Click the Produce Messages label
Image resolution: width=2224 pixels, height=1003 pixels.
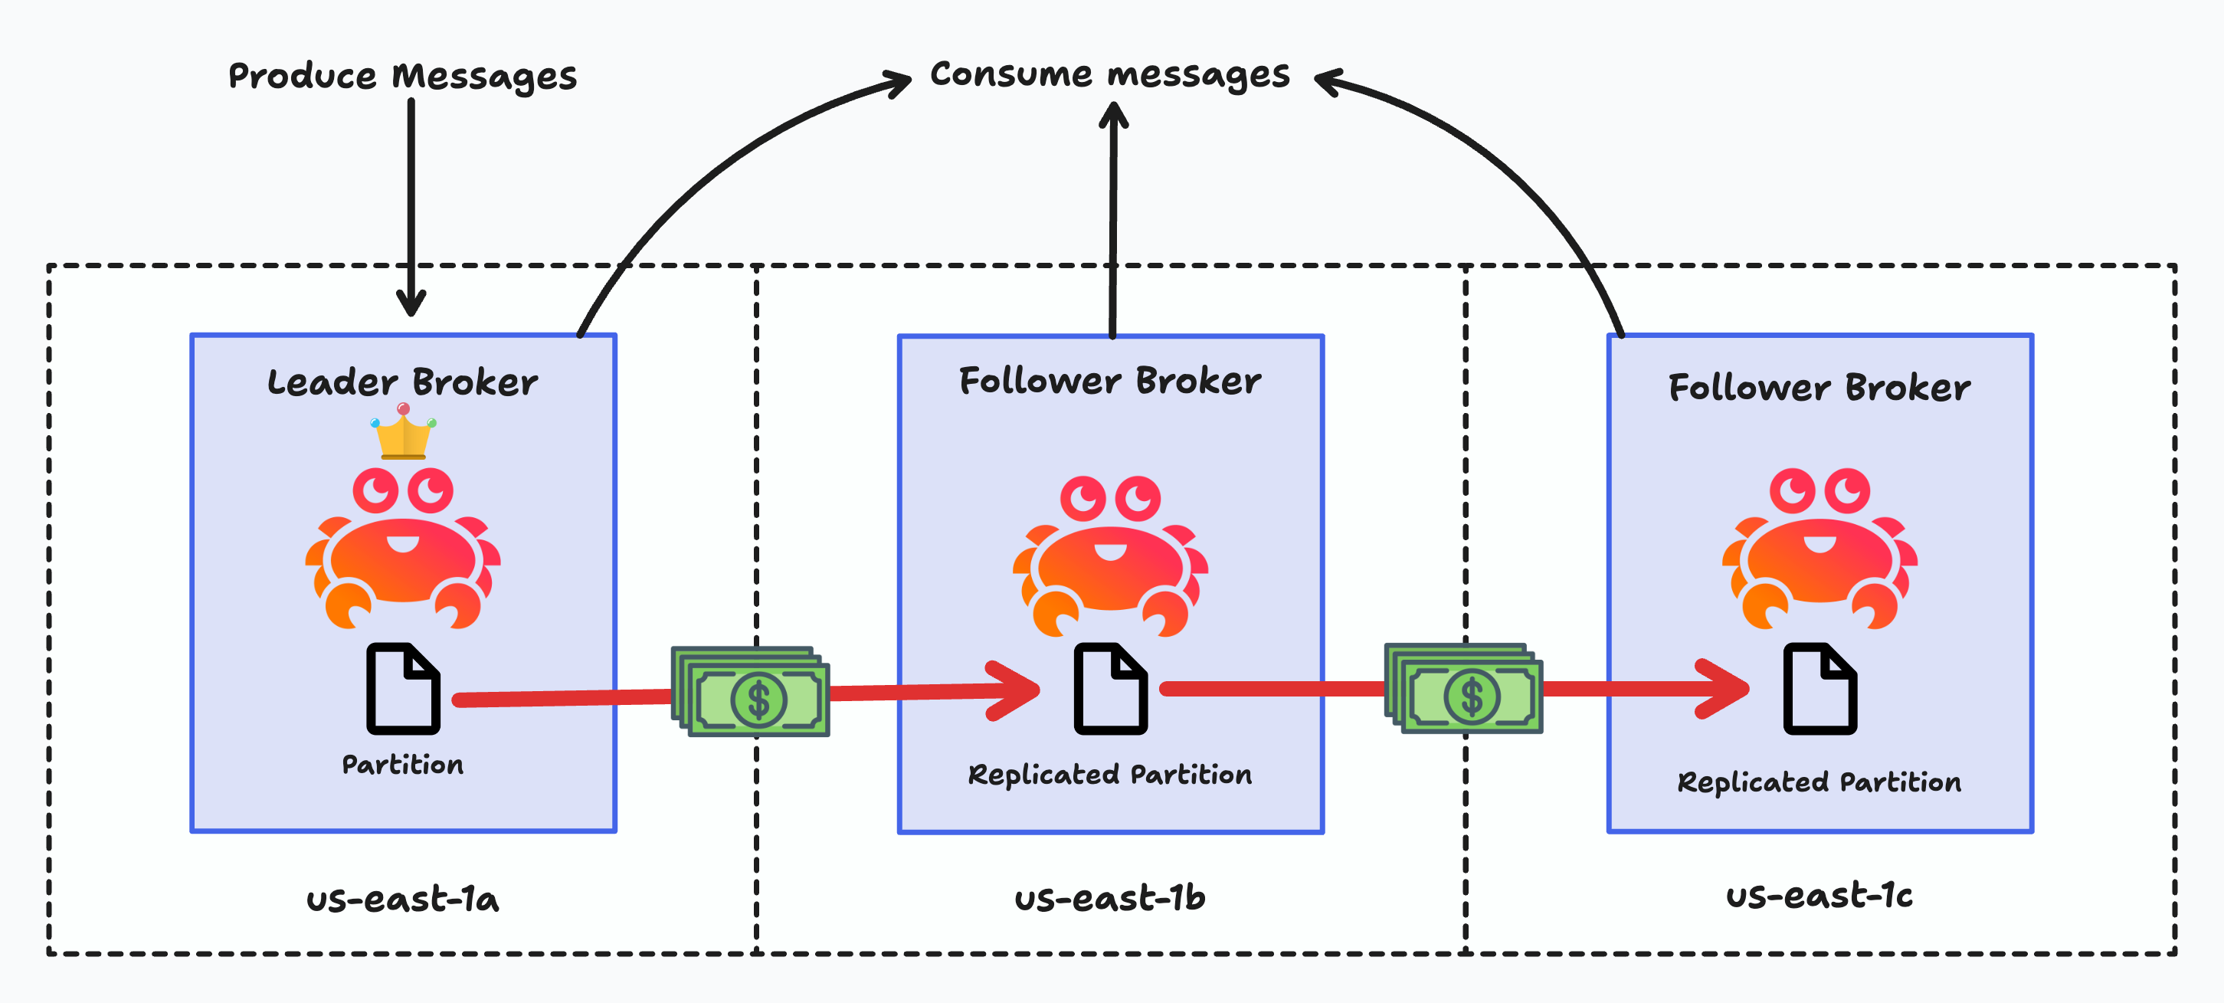click(x=402, y=76)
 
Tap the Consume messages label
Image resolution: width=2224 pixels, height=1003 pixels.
click(x=1109, y=74)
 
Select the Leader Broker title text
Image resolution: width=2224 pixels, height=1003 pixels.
click(x=402, y=382)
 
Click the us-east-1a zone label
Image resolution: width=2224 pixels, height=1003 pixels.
click(x=402, y=900)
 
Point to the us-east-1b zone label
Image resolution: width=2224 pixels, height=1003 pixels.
click(x=1109, y=899)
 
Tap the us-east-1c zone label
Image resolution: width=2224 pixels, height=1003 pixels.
click(x=1819, y=895)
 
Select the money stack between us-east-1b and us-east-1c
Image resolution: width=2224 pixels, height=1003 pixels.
click(x=1464, y=689)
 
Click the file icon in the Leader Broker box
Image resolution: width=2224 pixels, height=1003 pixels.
click(x=403, y=689)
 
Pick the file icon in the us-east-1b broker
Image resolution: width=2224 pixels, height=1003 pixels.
click(x=1110, y=689)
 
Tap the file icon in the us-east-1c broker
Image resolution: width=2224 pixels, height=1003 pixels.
click(x=1820, y=689)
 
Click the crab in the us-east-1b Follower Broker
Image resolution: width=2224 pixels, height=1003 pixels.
click(x=1110, y=557)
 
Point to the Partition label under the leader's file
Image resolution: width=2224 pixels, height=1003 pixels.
click(x=402, y=765)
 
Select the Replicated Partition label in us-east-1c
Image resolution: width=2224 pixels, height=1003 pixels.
click(x=1819, y=782)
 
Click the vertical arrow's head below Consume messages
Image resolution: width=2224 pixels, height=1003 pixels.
click(x=1114, y=116)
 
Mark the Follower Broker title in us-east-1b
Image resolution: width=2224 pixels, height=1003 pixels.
click(x=1109, y=381)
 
